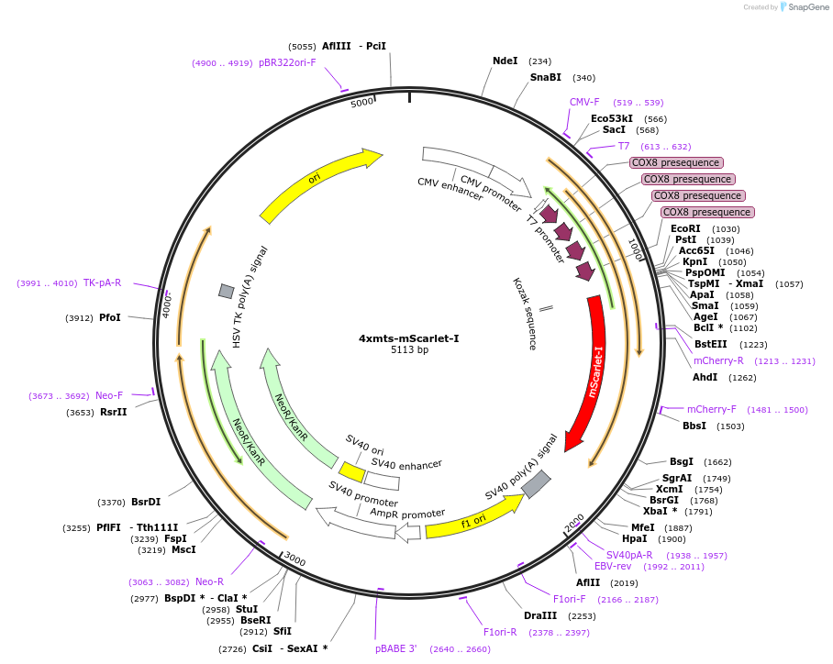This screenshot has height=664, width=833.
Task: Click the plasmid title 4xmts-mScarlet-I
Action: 408,338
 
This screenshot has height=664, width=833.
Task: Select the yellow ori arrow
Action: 317,183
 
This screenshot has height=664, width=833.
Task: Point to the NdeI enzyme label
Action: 505,61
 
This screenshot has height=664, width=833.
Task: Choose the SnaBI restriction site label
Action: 545,77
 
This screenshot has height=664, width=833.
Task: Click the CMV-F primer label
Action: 584,102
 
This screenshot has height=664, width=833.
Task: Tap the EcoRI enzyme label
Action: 685,228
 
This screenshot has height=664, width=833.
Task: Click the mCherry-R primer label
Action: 718,360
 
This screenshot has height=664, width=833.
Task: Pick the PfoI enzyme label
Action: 110,317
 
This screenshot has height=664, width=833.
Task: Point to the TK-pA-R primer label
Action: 102,282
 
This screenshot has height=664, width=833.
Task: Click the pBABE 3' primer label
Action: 396,648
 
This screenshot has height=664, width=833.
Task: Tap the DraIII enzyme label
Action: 539,615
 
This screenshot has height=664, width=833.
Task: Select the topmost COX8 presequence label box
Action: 676,162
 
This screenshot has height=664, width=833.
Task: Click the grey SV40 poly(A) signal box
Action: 536,481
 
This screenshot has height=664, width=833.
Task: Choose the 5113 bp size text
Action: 409,350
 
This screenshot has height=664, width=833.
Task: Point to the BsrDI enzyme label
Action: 146,502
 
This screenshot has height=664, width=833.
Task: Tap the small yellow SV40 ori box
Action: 351,470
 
